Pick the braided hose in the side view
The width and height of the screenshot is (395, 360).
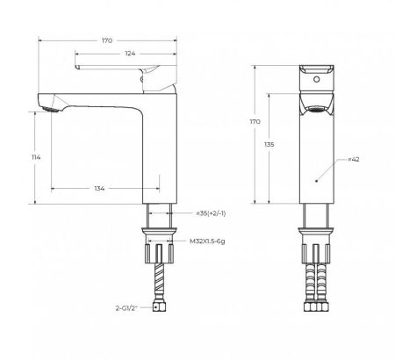(x=154, y=277)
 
